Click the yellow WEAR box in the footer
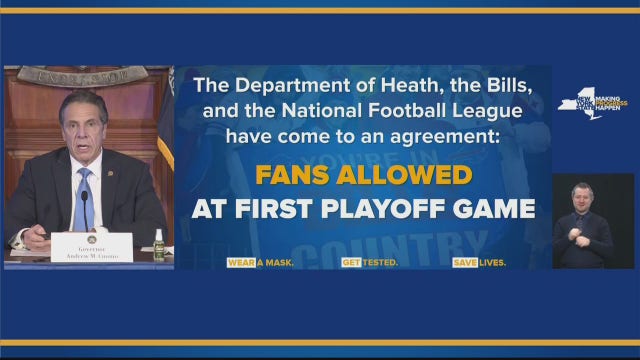click(x=241, y=262)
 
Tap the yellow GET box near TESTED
click(x=351, y=262)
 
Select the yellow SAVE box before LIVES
click(x=463, y=262)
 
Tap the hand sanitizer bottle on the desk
click(x=158, y=243)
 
